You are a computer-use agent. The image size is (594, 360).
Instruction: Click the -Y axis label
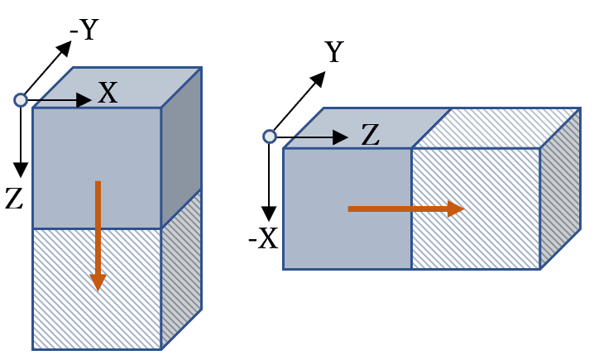click(x=84, y=31)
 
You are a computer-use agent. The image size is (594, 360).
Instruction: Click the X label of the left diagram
click(x=108, y=93)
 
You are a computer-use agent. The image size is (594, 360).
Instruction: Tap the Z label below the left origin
click(x=13, y=199)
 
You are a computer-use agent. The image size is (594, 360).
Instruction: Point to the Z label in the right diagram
click(x=370, y=135)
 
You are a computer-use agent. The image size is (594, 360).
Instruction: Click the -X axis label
click(x=263, y=239)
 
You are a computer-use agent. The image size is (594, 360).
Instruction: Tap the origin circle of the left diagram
click(x=21, y=100)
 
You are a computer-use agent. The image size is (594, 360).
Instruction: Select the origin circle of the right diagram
click(x=269, y=137)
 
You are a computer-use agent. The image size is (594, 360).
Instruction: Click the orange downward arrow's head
click(x=98, y=281)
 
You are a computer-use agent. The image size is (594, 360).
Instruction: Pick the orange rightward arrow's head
click(x=456, y=209)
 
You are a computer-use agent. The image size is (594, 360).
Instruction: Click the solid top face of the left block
click(x=116, y=87)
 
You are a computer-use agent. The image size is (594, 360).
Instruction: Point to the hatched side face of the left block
click(x=181, y=269)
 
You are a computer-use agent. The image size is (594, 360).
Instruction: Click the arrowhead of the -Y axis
click(x=64, y=48)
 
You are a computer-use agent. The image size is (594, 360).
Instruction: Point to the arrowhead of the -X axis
click(x=268, y=214)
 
